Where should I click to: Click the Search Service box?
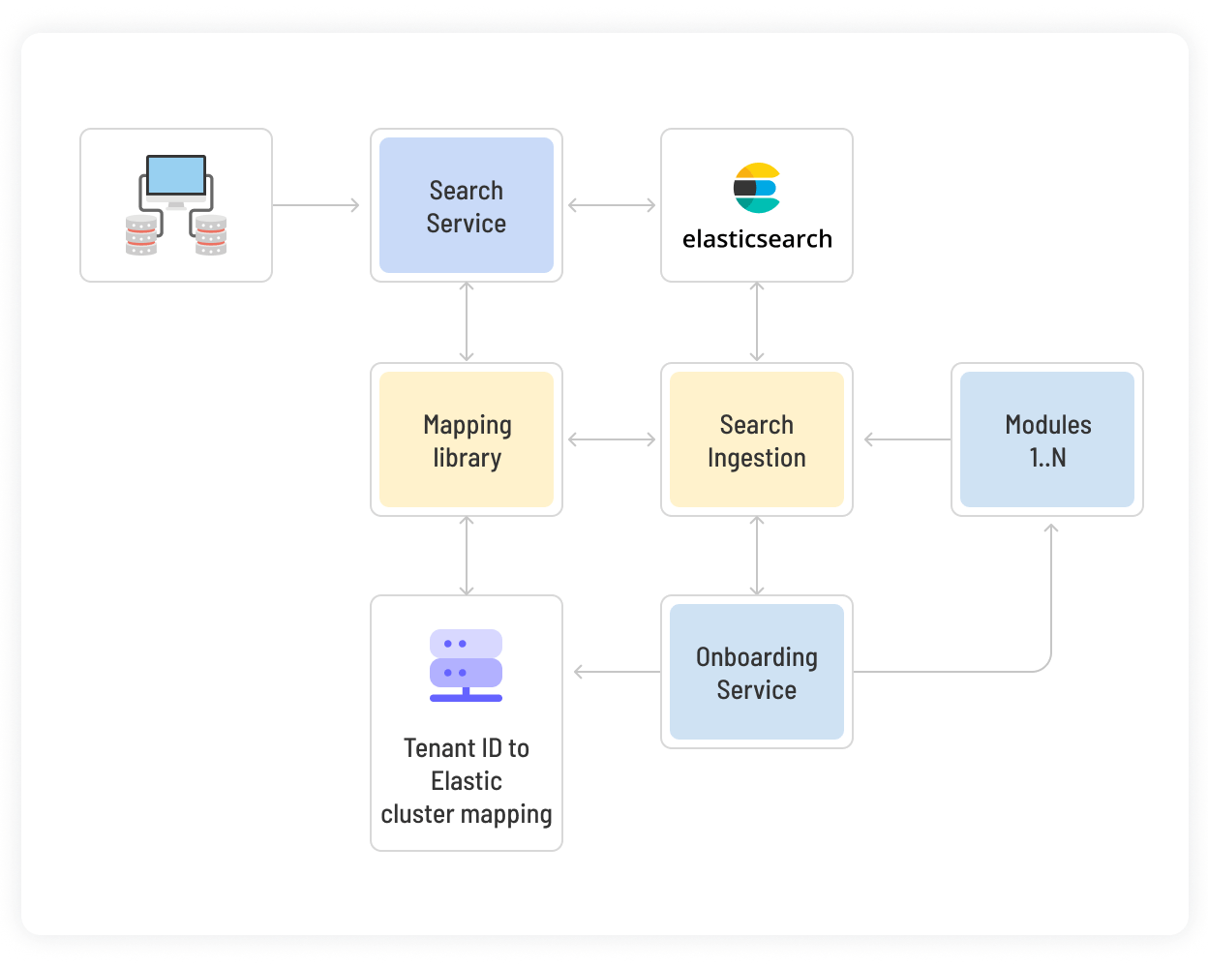466,205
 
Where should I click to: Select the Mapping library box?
466,439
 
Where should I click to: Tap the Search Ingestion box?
756,439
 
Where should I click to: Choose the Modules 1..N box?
1046,439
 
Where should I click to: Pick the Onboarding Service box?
756,672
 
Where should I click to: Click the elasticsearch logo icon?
756,188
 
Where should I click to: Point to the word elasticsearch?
756,239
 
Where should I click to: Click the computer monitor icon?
176,178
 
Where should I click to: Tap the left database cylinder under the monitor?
141,235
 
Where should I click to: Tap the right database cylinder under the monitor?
211,235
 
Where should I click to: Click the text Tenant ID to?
466,748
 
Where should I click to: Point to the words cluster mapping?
466,814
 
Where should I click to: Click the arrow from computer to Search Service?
317,205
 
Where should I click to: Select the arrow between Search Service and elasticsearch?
612,205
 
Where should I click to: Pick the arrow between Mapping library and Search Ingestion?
612,439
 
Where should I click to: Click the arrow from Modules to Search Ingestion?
907,439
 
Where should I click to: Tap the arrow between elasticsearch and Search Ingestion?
757,322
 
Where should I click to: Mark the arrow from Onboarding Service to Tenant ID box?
617,672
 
